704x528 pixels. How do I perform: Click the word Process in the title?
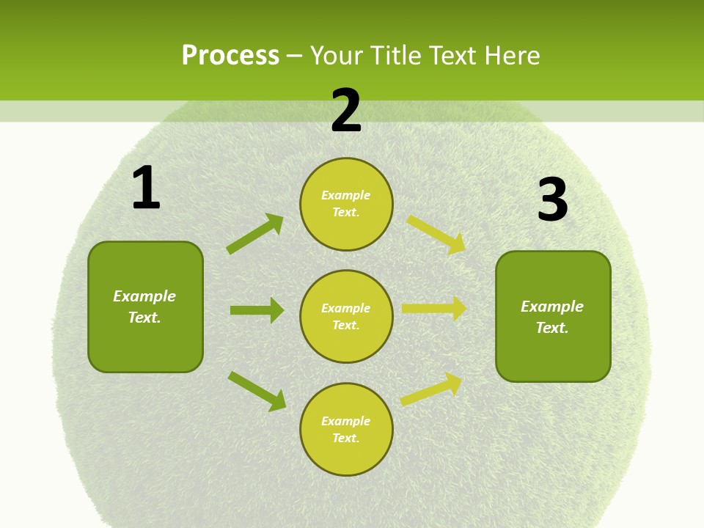click(x=230, y=55)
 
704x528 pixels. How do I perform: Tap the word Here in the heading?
click(x=510, y=55)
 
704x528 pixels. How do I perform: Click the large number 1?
click(x=146, y=188)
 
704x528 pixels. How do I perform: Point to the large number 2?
click(x=346, y=111)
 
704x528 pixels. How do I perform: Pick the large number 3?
click(x=552, y=200)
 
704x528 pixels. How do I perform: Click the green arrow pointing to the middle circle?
click(x=257, y=310)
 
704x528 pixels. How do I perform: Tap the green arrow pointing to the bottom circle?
click(x=257, y=391)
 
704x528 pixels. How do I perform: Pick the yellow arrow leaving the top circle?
click(x=437, y=234)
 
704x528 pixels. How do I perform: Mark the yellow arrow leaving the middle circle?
click(x=435, y=309)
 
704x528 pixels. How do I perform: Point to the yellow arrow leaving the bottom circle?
click(x=432, y=389)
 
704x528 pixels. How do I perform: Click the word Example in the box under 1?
click(x=144, y=296)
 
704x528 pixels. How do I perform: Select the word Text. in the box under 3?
click(x=552, y=328)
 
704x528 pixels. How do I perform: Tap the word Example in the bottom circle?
click(x=346, y=421)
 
